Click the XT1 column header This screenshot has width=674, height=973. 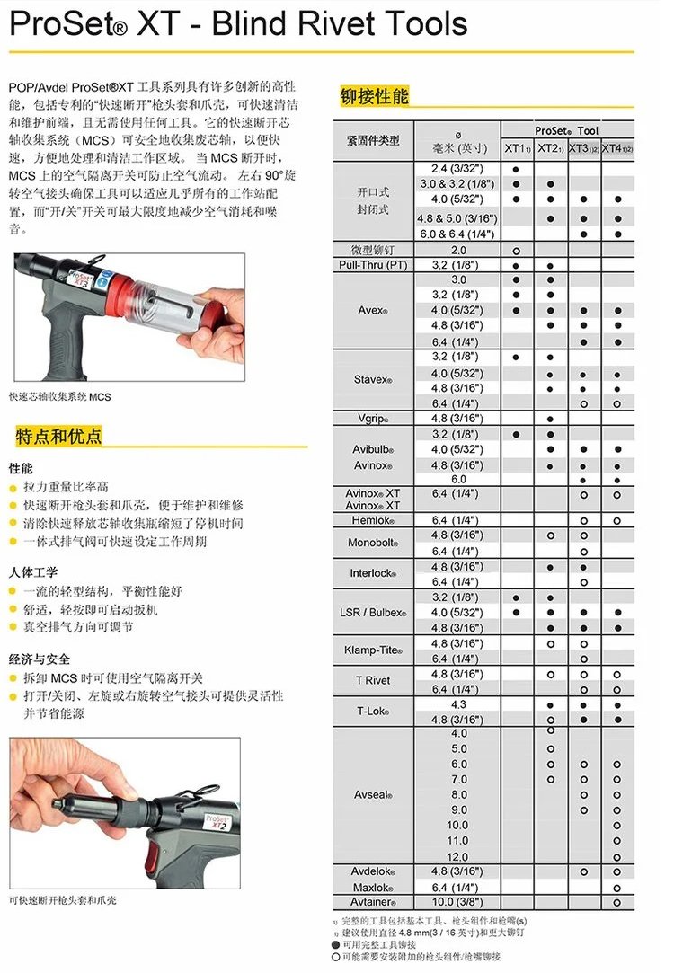pos(517,148)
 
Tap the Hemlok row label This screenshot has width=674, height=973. pos(372,520)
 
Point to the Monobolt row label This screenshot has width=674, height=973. pos(372,543)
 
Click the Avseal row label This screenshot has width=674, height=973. pos(372,794)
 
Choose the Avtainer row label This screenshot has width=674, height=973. pos(372,902)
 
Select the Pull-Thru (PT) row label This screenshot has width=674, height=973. pos(372,265)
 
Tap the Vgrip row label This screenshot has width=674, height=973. pos(372,419)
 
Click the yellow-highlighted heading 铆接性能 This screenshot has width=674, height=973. pos(374,96)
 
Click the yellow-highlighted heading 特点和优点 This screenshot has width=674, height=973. pos(58,438)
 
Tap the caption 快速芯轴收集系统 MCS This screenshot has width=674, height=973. pos(60,396)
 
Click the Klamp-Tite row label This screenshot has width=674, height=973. pos(372,650)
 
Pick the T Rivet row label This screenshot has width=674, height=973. pos(372,681)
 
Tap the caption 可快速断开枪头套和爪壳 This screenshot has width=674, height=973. pos(63,899)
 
